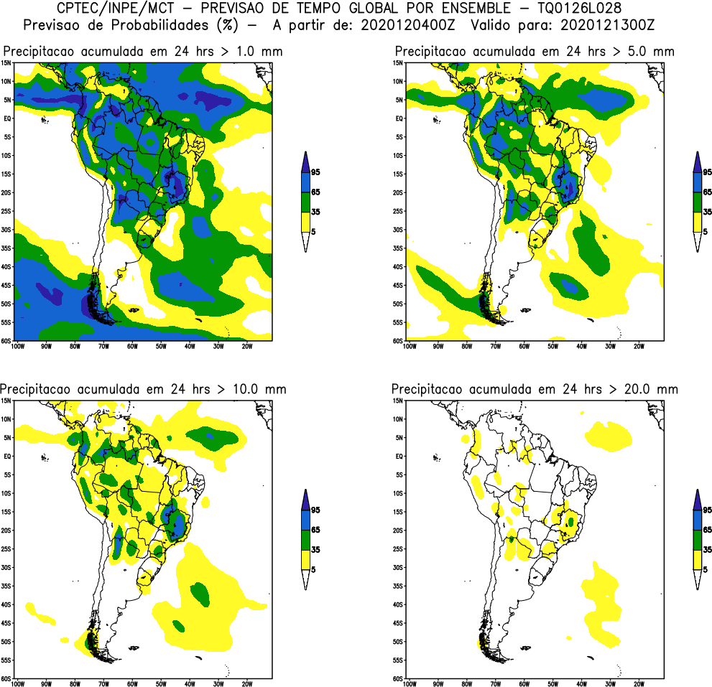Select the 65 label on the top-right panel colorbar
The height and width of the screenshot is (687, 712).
tap(707, 192)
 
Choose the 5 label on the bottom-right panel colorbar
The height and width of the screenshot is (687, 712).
tap(705, 569)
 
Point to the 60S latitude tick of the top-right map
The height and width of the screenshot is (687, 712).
tap(397, 341)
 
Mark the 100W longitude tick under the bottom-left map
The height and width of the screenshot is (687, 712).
tap(18, 684)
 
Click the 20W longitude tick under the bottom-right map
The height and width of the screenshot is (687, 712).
tap(637, 684)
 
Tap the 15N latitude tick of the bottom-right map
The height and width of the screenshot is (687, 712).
tap(397, 401)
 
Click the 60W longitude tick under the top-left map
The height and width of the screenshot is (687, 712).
tap(132, 346)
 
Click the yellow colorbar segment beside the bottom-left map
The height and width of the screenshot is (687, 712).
tap(305, 560)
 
